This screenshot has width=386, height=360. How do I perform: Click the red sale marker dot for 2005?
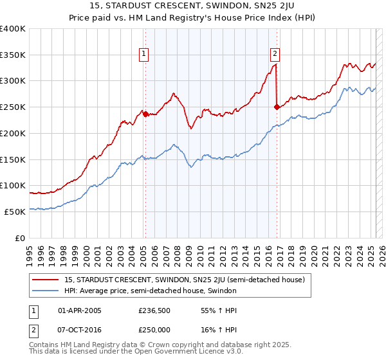(x=145, y=114)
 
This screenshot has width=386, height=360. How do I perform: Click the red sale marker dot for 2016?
(x=277, y=107)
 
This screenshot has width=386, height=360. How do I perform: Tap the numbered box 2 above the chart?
(x=275, y=54)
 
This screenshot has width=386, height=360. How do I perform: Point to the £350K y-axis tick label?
(x=13, y=55)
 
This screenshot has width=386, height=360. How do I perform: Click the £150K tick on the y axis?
(x=13, y=159)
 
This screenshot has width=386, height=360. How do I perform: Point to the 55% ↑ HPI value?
(x=212, y=310)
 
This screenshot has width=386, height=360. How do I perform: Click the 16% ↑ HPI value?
(x=212, y=328)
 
